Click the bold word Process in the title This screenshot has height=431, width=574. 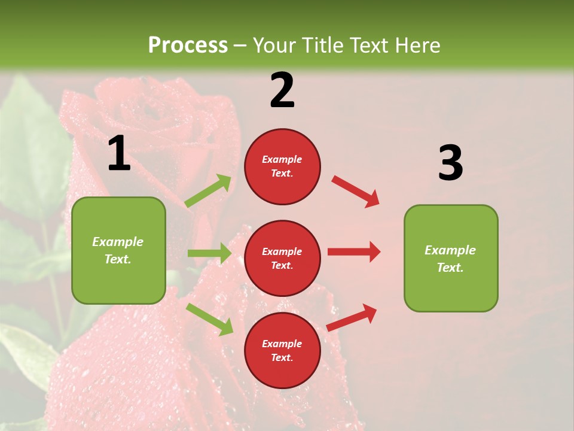click(188, 45)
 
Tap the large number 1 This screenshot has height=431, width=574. click(119, 154)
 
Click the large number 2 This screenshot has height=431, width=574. click(282, 90)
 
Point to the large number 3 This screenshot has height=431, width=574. click(450, 163)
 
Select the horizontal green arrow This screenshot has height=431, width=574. click(209, 253)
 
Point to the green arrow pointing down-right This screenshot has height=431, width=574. click(210, 319)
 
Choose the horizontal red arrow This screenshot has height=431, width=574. click(354, 251)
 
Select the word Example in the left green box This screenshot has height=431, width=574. click(118, 242)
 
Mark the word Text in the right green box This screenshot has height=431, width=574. click(449, 268)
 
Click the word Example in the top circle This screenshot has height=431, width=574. click(282, 159)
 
